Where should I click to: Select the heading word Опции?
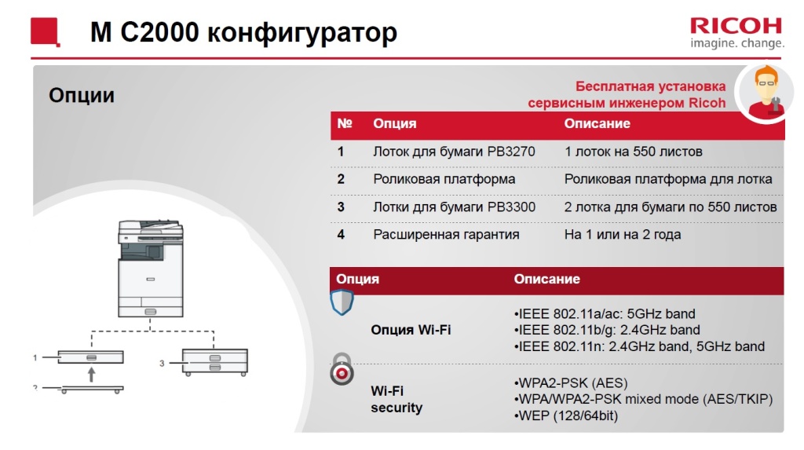tap(82, 95)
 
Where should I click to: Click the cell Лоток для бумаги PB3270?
tap(454, 152)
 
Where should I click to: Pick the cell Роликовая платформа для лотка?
tap(668, 179)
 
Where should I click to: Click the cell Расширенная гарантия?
tap(446, 234)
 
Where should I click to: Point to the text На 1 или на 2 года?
tap(623, 234)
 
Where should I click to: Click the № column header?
tap(344, 124)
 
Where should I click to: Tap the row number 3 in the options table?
tap(341, 207)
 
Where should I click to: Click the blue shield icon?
tap(342, 302)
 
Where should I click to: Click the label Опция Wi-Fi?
tap(411, 330)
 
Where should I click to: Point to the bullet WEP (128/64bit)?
tap(565, 415)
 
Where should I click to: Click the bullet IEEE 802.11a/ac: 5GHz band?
tap(605, 313)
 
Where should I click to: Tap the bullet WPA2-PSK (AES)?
tap(570, 383)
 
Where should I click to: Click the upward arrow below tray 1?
tap(91, 375)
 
